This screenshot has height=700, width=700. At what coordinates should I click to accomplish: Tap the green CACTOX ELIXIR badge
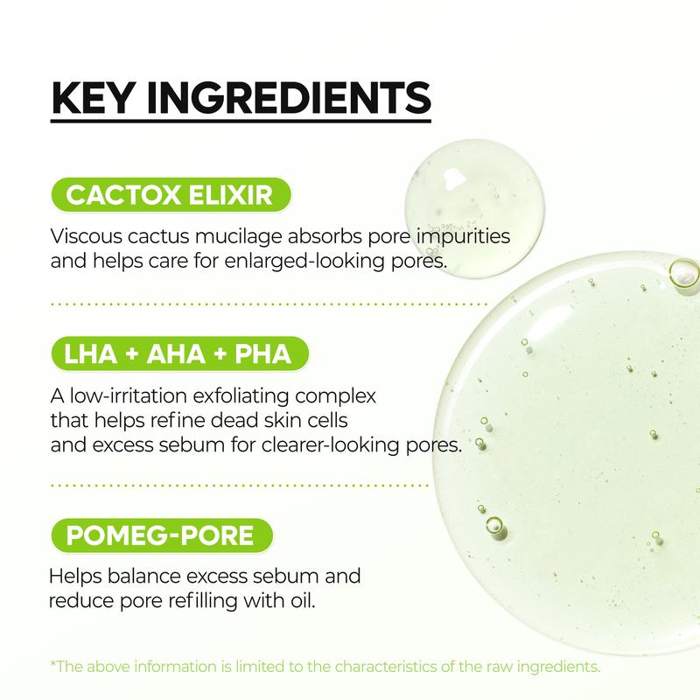tap(171, 195)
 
